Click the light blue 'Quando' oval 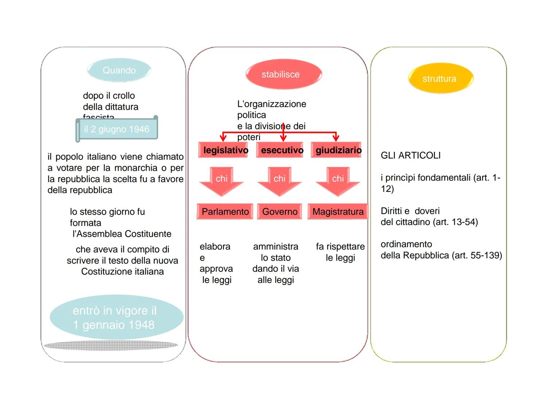pos(119,70)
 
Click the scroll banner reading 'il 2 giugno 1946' pos(117,129)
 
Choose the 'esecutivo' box pos(280,150)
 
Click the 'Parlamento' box pos(225,212)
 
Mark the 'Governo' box pos(280,212)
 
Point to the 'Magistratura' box pos(338,212)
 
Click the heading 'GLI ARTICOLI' pos(410,155)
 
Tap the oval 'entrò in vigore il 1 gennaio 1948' pos(116,317)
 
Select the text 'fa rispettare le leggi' pos(340,252)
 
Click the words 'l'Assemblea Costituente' pos(122,234)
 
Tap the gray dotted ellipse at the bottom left pos(111,345)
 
